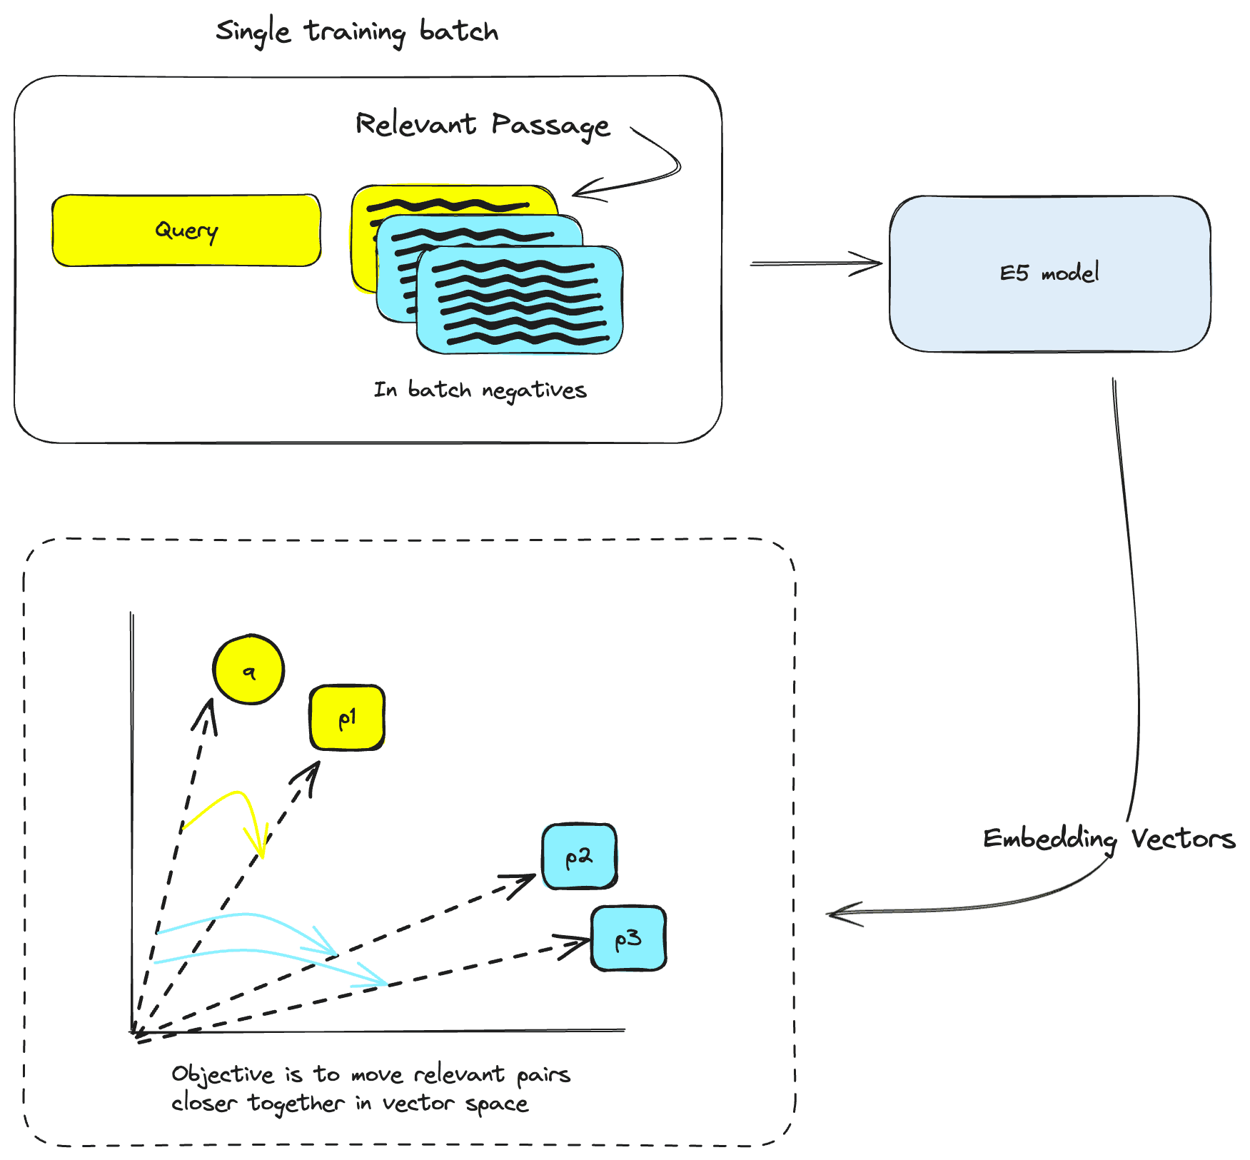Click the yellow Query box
coord(186,231)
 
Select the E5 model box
coord(1049,273)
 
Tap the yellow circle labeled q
coord(248,670)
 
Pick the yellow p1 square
coord(347,717)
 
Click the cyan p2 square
coord(579,856)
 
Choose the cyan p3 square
coord(628,938)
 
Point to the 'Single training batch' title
coord(357,32)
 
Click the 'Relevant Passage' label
coord(483,125)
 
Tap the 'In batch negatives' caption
coord(480,390)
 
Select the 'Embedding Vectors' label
coord(1109,839)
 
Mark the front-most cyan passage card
coord(520,300)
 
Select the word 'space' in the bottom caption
coord(497,1104)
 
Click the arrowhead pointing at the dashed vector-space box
coord(839,913)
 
